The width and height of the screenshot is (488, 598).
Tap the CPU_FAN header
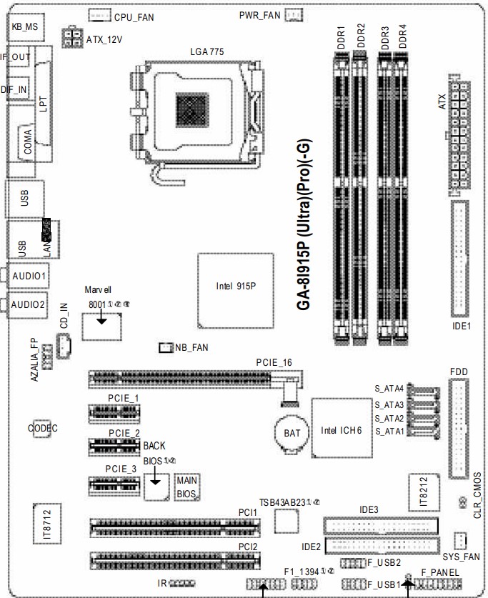pyautogui.click(x=99, y=15)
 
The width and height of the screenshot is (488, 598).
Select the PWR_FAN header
pyautogui.click(x=294, y=15)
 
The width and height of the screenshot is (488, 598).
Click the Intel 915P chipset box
pyautogui.click(x=235, y=286)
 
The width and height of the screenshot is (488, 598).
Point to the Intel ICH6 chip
pyautogui.click(x=342, y=429)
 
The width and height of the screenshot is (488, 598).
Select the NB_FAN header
pyautogui.click(x=165, y=347)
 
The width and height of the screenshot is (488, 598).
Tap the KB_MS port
pyautogui.click(x=25, y=27)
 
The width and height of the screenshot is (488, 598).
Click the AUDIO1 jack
pyautogui.click(x=29, y=275)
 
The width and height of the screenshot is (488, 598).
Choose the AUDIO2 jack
pyautogui.click(x=29, y=304)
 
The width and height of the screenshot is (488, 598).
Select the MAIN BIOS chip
pyautogui.click(x=187, y=487)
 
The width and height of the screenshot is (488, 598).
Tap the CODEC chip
pyautogui.click(x=43, y=428)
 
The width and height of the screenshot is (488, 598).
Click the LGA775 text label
pyautogui.click(x=207, y=51)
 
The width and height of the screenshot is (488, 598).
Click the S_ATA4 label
pyautogui.click(x=389, y=389)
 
